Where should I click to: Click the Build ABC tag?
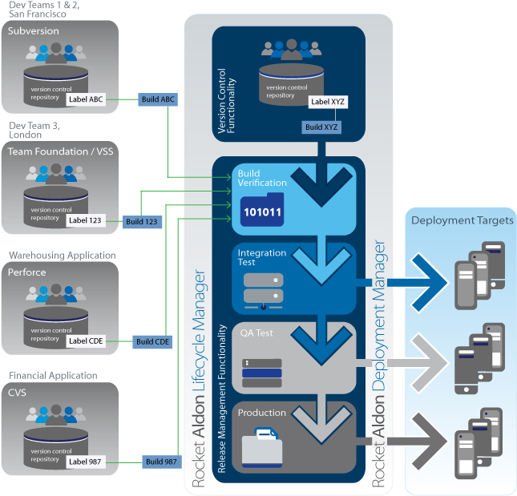click(x=157, y=100)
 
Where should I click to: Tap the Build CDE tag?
click(x=152, y=341)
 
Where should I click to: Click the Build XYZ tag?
click(x=321, y=127)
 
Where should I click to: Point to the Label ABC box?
click(x=86, y=99)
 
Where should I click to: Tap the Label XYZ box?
click(x=328, y=103)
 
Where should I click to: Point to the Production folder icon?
click(x=262, y=446)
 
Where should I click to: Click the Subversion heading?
click(x=34, y=31)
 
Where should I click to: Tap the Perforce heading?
click(x=27, y=272)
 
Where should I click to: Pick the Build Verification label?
click(x=261, y=178)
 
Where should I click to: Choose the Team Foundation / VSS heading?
click(x=61, y=151)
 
